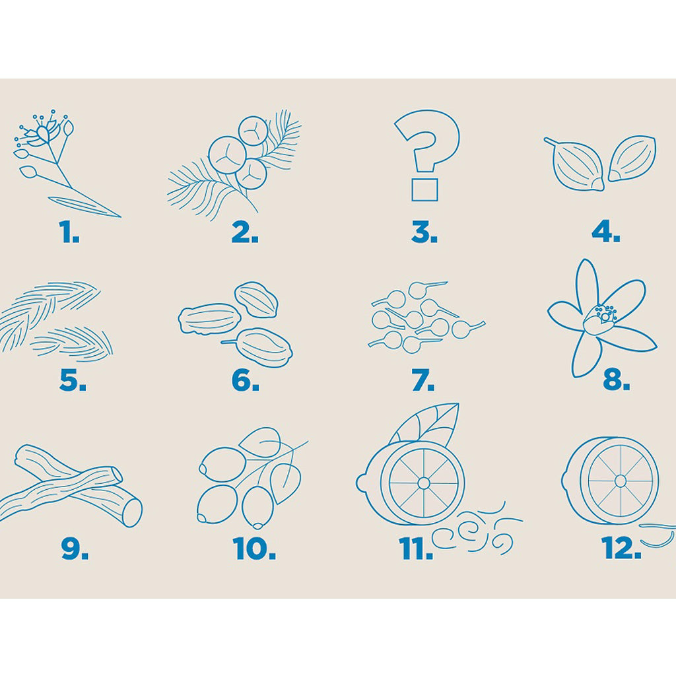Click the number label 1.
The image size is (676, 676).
coord(69,232)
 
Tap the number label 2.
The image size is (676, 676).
coord(245,232)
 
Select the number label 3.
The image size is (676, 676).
coord(424,232)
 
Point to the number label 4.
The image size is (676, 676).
coord(606,232)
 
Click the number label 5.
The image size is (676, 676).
coord(73,380)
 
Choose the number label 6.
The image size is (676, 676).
coord(246,380)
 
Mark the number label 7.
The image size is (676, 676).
coord(423,380)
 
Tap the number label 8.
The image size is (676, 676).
coord(617,380)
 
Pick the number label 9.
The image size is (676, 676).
coord(75,549)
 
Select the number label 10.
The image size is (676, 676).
coord(254,549)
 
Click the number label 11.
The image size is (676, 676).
coord(416,549)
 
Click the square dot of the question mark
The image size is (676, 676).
coord(424,189)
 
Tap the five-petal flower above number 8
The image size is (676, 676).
coord(602,319)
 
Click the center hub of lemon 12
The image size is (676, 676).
coord(621,481)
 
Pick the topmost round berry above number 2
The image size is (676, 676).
coord(253,131)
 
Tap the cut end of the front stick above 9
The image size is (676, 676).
coord(131,512)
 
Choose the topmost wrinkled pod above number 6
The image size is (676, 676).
coord(256,300)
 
